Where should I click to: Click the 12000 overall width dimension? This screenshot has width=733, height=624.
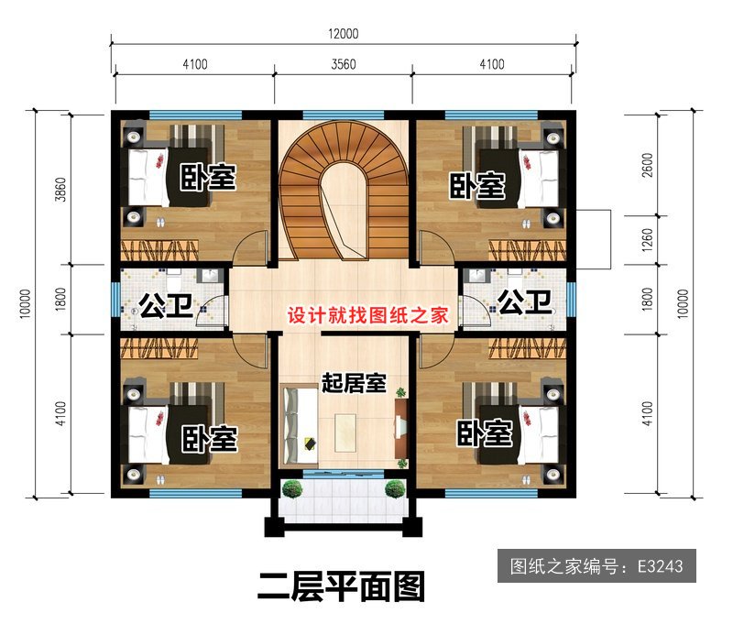pos(344,34)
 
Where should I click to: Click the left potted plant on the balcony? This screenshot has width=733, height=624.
pos(292,488)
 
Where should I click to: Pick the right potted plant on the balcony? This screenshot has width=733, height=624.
pos(396,488)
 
